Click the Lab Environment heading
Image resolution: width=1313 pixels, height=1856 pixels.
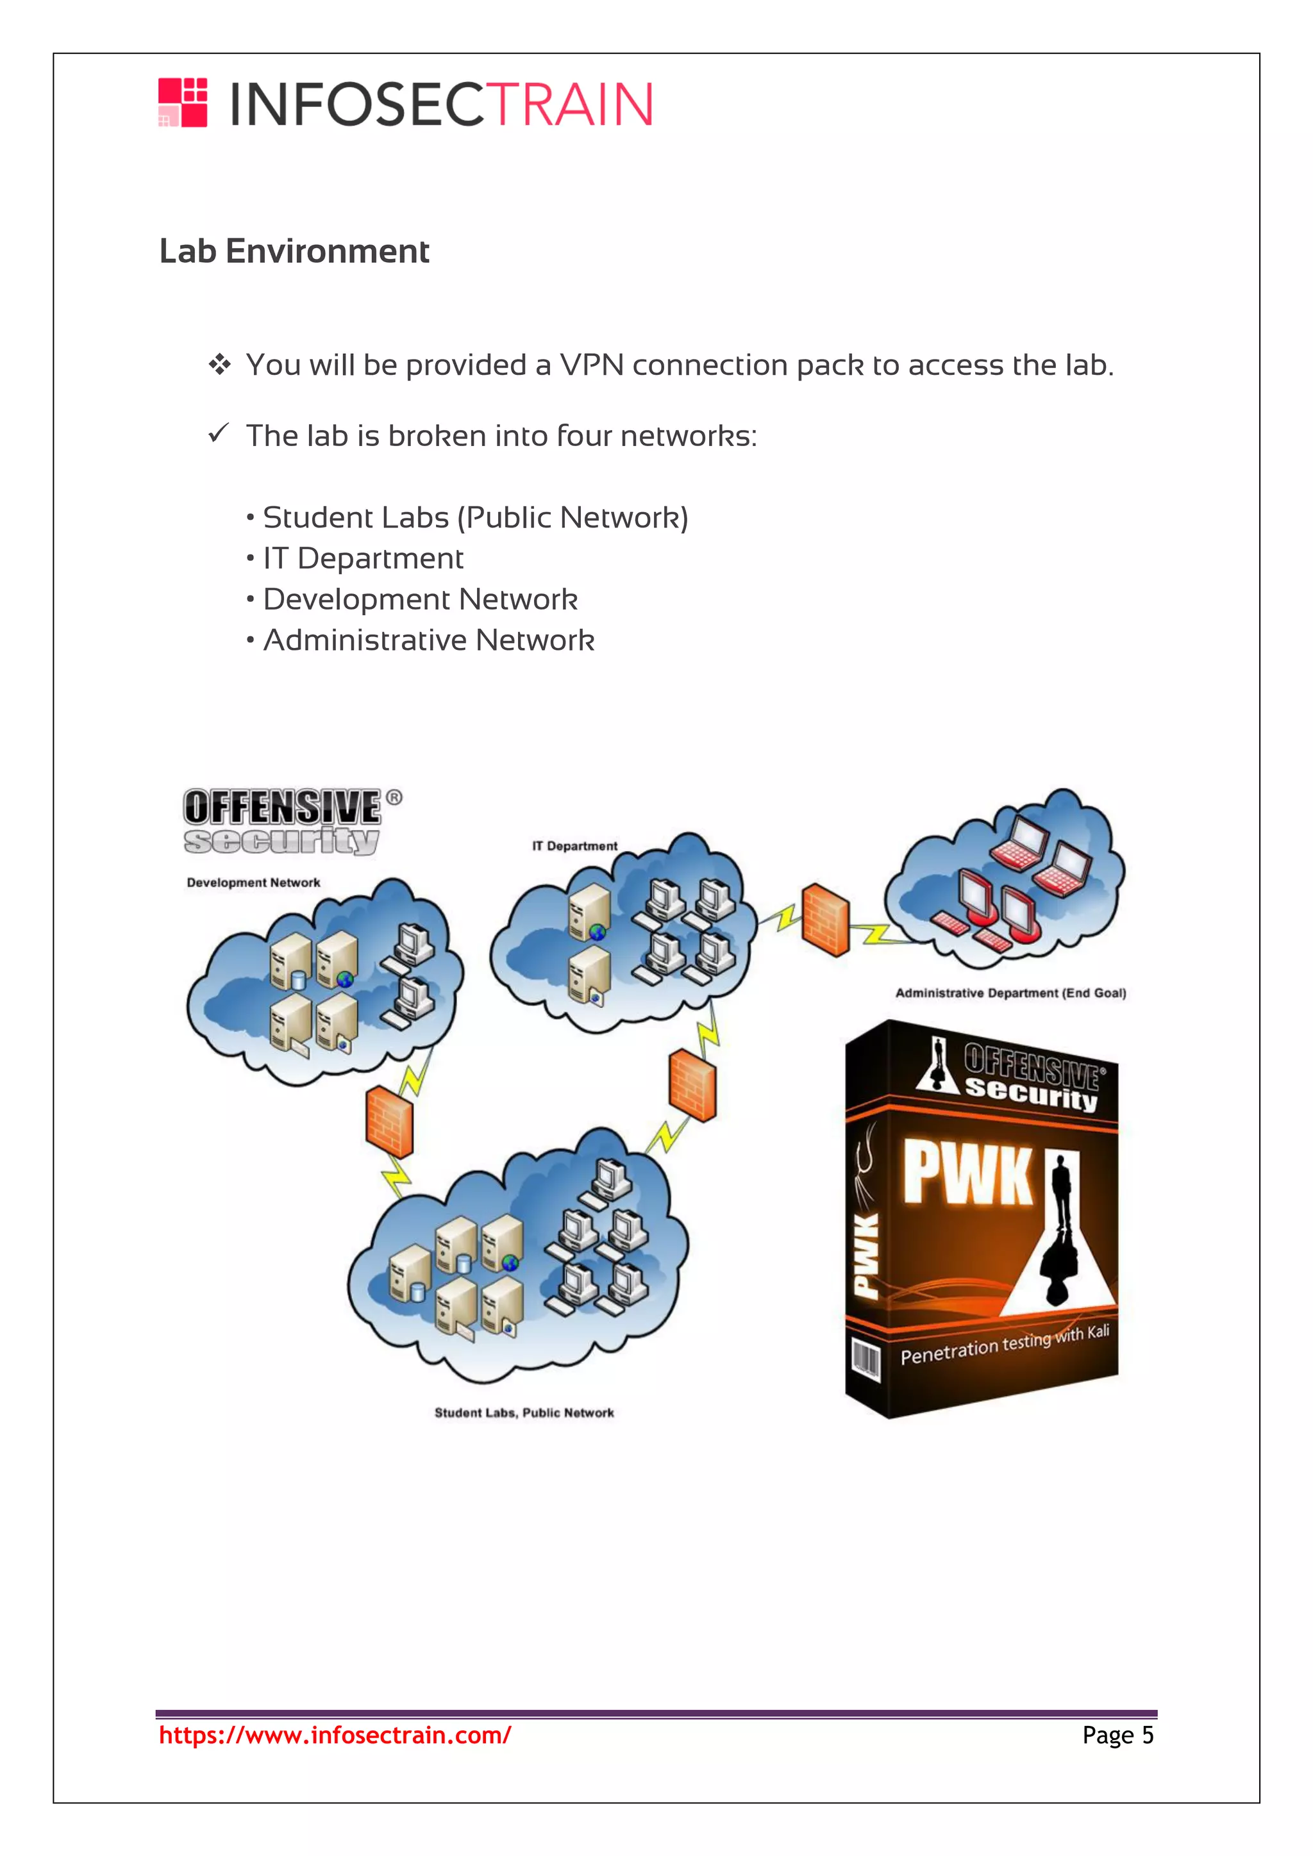[x=294, y=251]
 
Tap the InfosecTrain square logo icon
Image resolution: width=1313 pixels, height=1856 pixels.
[x=183, y=103]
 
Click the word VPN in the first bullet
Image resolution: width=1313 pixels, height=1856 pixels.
[x=592, y=365]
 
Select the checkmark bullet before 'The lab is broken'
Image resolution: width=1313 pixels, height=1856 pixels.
[x=218, y=434]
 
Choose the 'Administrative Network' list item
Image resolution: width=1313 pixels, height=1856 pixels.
[x=428, y=640]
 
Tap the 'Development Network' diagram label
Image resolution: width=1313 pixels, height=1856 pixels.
[x=253, y=882]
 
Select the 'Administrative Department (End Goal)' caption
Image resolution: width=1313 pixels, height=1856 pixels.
[x=1010, y=993]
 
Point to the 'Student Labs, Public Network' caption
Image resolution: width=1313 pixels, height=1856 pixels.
[x=524, y=1413]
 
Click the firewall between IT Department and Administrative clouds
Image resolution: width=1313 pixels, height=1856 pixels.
[x=826, y=920]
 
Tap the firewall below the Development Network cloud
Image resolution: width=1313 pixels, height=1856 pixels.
[x=390, y=1121]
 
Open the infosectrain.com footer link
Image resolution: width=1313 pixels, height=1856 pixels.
[x=335, y=1736]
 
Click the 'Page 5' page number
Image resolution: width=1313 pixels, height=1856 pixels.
[x=1117, y=1736]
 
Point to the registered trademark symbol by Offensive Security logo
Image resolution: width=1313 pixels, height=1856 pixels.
[x=394, y=798]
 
